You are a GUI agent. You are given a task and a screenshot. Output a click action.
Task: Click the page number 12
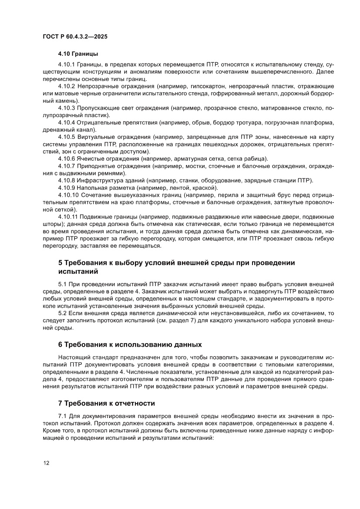[46, 463]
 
